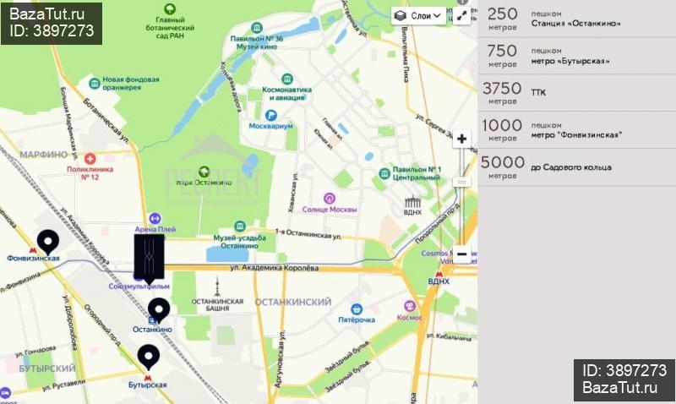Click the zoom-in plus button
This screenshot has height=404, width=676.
(461, 139)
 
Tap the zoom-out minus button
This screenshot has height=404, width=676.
(461, 254)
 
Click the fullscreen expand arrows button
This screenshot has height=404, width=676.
(461, 15)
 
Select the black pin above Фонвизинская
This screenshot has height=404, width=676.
(47, 241)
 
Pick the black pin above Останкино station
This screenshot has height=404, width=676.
(158, 309)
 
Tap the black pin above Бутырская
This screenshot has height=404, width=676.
(149, 357)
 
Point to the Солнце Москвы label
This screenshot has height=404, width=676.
(330, 210)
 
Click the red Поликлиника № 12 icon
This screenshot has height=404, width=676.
(90, 158)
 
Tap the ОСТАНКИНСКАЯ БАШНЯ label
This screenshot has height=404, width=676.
(217, 305)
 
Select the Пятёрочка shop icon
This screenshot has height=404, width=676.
(357, 308)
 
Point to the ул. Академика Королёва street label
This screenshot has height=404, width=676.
(274, 268)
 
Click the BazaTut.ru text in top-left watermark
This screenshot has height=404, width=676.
(46, 14)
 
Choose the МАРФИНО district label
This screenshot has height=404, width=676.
(43, 155)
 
